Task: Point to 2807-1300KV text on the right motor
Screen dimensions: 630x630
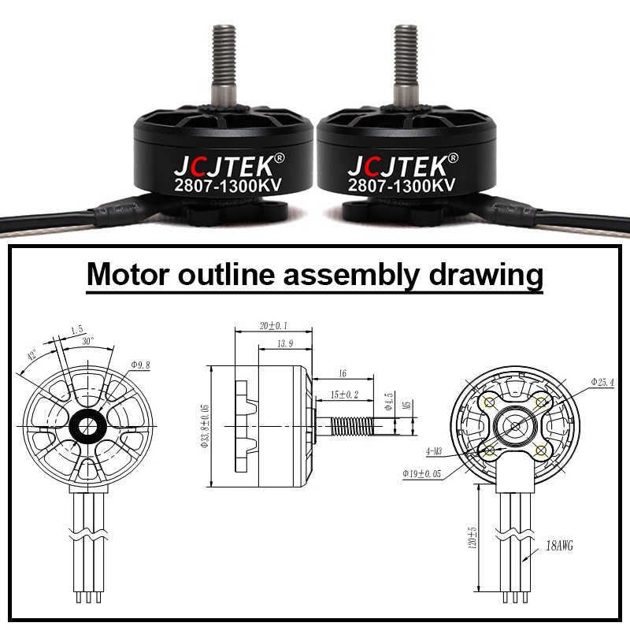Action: click(402, 187)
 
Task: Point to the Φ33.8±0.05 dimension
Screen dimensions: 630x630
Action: click(205, 424)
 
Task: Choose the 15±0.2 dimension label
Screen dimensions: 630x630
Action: click(343, 394)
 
